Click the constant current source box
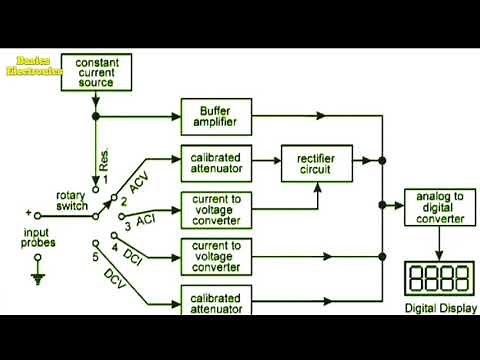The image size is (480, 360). [97, 71]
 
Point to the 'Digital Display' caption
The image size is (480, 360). [439, 308]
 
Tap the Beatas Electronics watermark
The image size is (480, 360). [34, 66]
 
